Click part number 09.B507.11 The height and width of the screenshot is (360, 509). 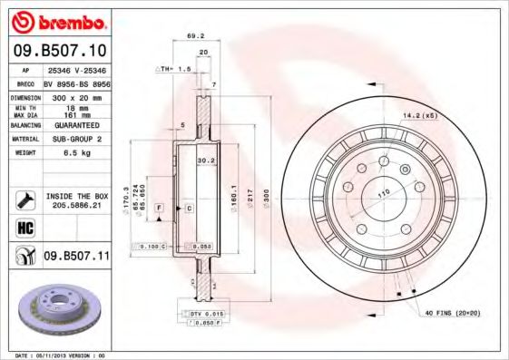pos(76,257)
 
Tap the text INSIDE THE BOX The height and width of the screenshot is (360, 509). pos(76,196)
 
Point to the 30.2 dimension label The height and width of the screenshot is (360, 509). pos(205,161)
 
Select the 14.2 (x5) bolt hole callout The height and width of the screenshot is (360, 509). pos(420,115)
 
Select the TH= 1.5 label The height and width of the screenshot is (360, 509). pos(172,69)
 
